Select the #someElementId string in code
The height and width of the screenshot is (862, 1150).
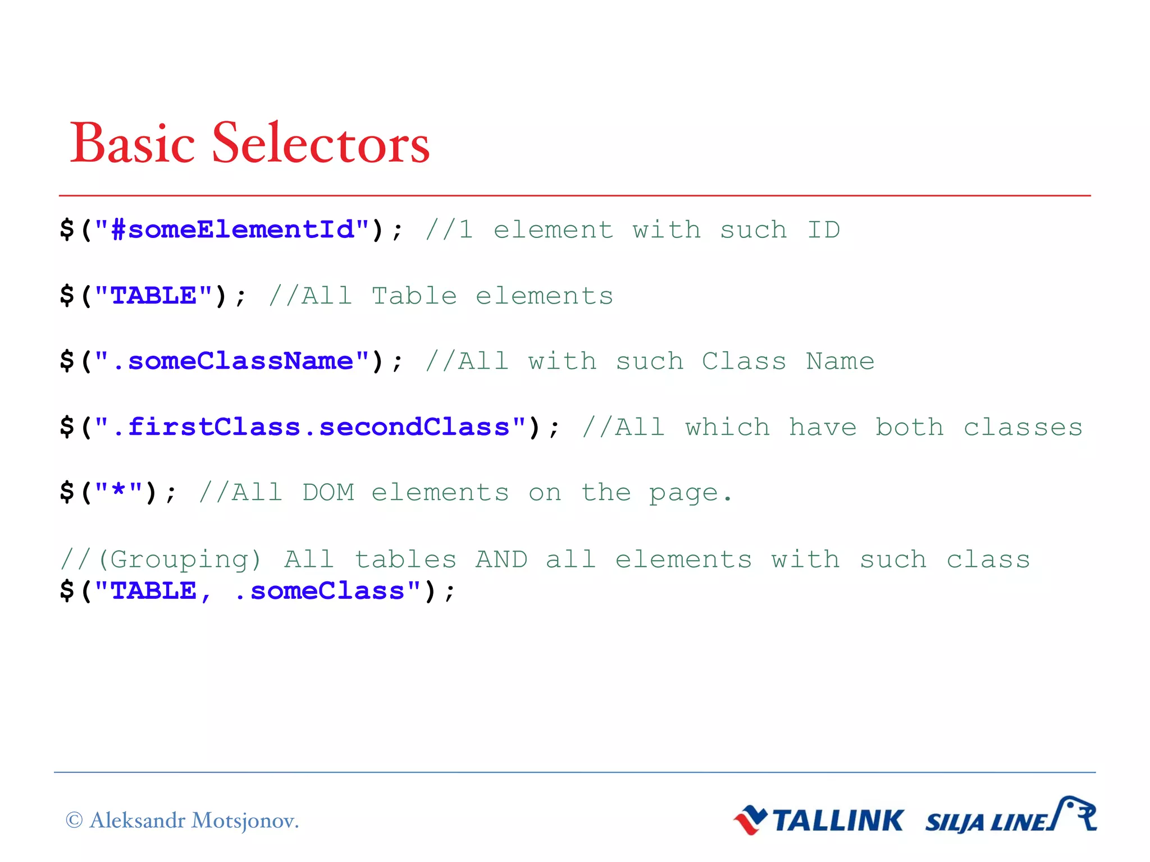point(232,230)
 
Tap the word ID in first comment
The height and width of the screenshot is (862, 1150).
point(823,230)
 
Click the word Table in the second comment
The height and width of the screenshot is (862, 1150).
point(414,296)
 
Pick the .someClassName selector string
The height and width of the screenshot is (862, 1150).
point(232,361)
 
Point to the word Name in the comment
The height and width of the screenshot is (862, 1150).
point(840,361)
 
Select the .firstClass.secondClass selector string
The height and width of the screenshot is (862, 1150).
point(311,427)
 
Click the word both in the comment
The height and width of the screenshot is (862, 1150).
point(910,427)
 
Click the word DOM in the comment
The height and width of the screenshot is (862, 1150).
point(328,493)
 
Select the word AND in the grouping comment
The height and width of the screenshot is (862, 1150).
point(501,560)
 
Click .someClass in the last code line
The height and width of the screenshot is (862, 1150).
point(319,591)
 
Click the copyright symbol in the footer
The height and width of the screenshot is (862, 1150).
point(74,820)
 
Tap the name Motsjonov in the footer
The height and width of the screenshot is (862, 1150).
point(244,821)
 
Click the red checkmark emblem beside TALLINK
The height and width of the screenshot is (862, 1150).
point(751,820)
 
